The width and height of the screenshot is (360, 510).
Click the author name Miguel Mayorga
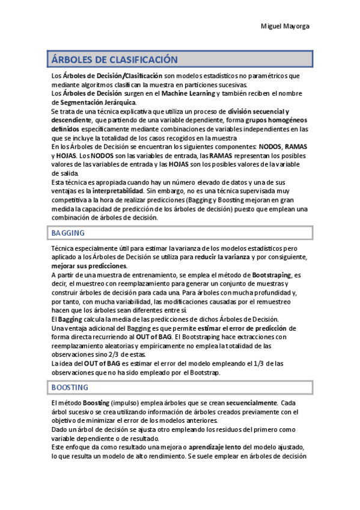[285, 27]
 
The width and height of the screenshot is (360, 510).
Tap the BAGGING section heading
[68, 233]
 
